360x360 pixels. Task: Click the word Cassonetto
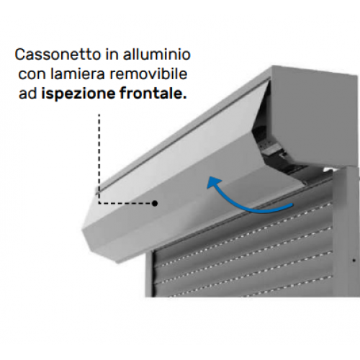58,55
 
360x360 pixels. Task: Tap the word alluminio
157,54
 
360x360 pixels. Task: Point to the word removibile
148,73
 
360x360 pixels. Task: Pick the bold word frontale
153,93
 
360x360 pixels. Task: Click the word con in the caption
32,74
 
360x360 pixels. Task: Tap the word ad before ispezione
27,94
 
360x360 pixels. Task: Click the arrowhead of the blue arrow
213,183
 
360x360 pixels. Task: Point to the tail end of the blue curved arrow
292,204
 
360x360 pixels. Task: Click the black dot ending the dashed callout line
155,203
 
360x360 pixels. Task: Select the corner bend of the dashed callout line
99,203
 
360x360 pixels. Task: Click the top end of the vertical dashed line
99,114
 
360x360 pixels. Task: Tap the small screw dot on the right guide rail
354,260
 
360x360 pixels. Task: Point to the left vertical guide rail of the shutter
149,274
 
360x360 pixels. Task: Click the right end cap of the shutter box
315,115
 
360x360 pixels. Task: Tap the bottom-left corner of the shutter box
82,230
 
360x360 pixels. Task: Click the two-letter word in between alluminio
112,55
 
